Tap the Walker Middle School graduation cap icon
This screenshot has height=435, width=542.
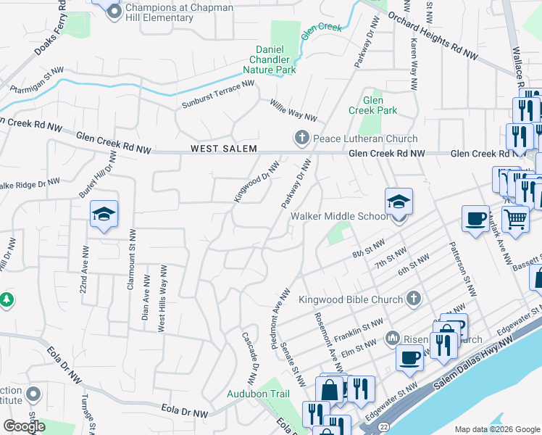[398, 202]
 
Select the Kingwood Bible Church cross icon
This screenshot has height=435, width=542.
[413, 299]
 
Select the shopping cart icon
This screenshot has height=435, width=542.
[515, 218]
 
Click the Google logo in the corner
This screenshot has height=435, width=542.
[24, 426]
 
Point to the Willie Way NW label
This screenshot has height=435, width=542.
[293, 111]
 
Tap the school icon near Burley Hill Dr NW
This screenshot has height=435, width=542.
[104, 213]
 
